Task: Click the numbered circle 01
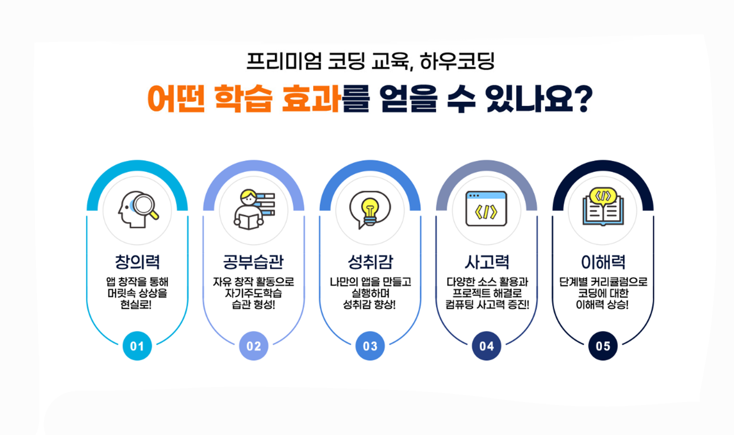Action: coord(137,346)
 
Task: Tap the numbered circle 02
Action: coord(254,346)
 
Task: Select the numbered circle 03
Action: coord(370,346)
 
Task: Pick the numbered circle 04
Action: coord(487,346)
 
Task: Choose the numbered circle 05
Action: coord(603,346)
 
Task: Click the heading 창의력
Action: coord(137,262)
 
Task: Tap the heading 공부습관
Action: coord(253,262)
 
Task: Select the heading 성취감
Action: coord(370,262)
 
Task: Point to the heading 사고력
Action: coord(487,262)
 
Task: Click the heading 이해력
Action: coord(603,262)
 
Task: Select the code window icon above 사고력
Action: coord(486,209)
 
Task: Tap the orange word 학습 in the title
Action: coord(243,99)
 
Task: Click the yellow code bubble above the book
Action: coord(603,196)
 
